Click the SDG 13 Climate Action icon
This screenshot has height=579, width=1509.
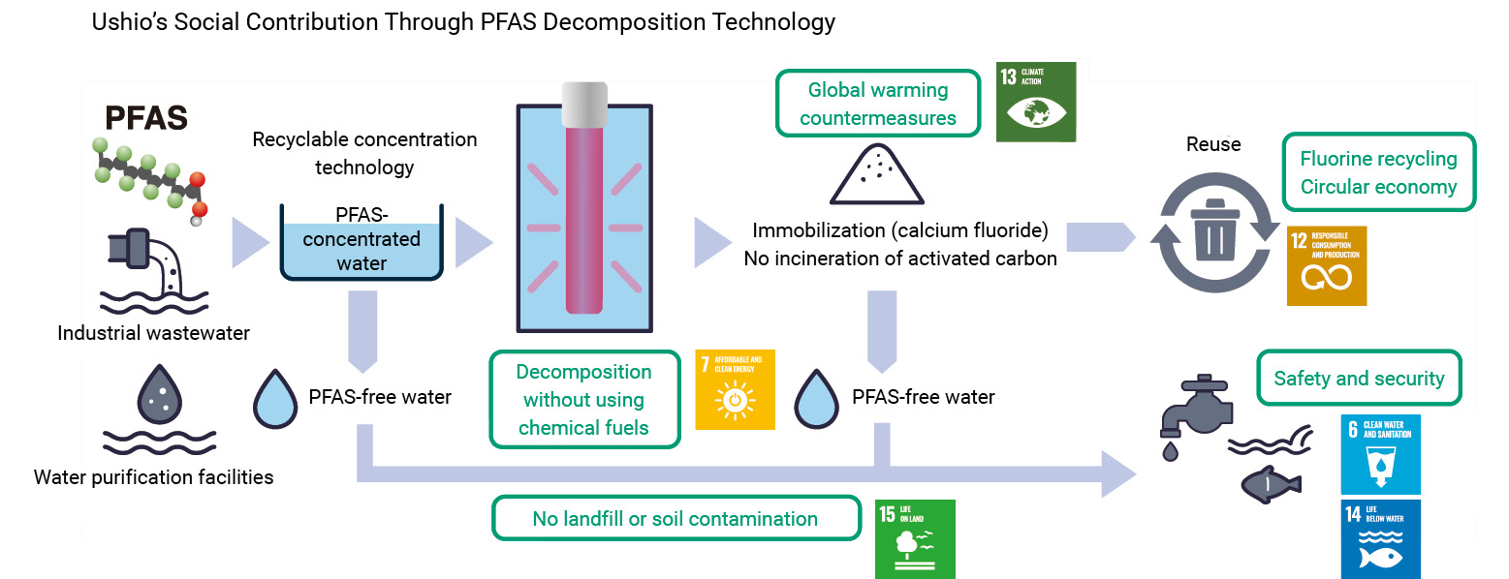pos(1036,102)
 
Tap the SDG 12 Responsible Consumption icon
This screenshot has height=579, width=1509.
pos(1326,265)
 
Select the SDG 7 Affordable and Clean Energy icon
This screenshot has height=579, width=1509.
pos(735,389)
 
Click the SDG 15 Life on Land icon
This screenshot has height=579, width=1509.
pos(915,538)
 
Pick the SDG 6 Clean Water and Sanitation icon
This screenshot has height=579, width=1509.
pos(1380,454)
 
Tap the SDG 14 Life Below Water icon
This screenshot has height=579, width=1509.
pos(1380,538)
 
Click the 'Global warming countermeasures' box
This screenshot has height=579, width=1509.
pos(878,104)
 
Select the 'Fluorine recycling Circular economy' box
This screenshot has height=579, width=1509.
pos(1378,172)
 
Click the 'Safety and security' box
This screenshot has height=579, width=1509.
pos(1358,379)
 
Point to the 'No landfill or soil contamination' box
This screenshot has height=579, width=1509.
pos(676,519)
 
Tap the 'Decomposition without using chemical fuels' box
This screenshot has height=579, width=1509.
pos(583,399)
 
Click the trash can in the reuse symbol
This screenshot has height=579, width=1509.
pos(1215,232)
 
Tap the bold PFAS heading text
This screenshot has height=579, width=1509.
pos(145,119)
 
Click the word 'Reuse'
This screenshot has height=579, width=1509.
pos(1212,144)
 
